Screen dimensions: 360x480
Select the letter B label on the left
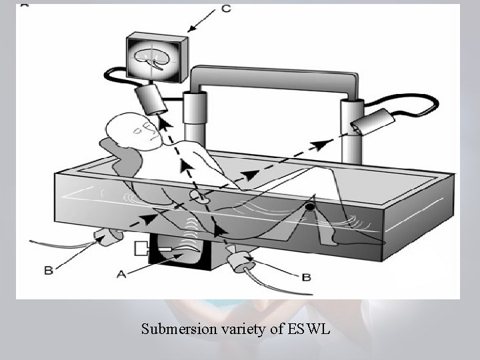[47, 271]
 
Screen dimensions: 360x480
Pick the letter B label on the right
[306, 277]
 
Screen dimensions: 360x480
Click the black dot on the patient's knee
[310, 211]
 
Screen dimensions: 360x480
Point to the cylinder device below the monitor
[153, 101]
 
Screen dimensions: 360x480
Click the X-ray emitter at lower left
[106, 235]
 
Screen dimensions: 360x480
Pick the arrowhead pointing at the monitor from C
[190, 29]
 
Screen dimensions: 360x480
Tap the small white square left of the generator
[141, 250]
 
